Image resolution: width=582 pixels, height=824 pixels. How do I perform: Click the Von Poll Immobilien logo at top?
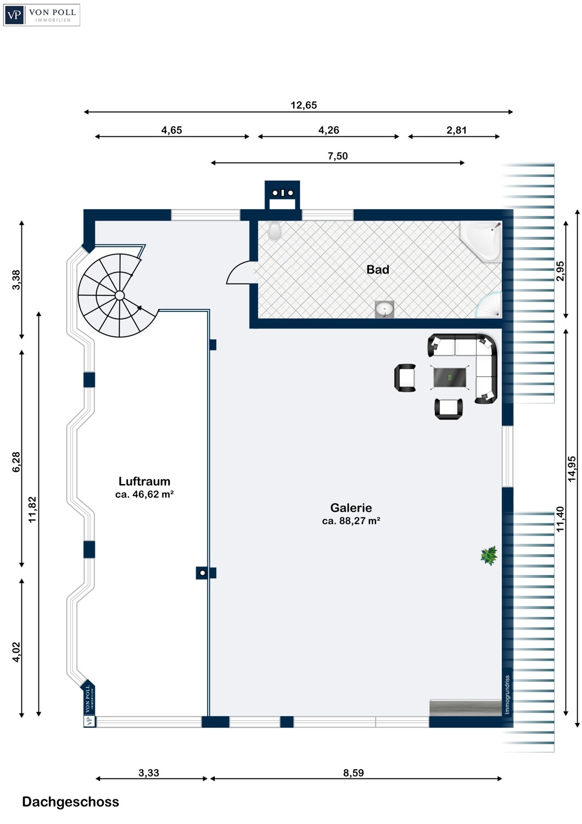click(42, 15)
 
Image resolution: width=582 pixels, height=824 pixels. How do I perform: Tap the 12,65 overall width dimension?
click(303, 105)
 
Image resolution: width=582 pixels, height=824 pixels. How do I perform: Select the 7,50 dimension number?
click(338, 156)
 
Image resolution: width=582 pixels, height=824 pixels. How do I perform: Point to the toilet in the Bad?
click(275, 231)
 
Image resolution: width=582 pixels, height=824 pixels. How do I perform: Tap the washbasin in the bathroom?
click(384, 309)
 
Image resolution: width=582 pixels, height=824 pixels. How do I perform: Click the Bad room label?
click(378, 270)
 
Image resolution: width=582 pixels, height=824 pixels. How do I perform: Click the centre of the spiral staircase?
click(120, 296)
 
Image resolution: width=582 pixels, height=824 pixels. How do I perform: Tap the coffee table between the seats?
click(450, 377)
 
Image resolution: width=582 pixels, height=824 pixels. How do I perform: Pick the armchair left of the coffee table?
click(405, 377)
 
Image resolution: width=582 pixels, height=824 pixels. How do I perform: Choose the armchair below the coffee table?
click(449, 409)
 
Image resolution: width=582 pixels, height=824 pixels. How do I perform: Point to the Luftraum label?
click(144, 481)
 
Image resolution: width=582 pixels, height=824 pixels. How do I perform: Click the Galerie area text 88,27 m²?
click(351, 521)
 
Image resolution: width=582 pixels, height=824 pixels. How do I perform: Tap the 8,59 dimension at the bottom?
click(353, 773)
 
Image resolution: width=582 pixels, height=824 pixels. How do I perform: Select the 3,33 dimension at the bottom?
click(149, 773)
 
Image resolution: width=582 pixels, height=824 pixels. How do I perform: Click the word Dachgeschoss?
click(71, 802)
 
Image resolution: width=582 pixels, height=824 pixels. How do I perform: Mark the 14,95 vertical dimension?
click(572, 469)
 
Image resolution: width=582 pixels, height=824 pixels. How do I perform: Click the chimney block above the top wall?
click(282, 196)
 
